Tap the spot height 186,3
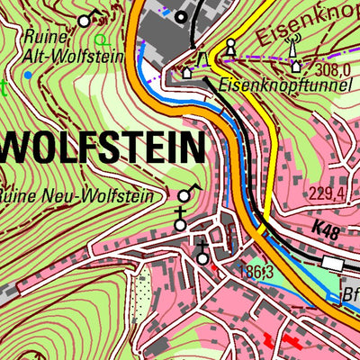point(256,269)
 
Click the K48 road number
point(328,232)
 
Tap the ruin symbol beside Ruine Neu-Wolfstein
point(186,193)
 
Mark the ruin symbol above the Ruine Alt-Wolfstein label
point(85,19)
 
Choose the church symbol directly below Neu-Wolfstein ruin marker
point(182,219)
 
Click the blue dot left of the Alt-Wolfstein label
point(28,75)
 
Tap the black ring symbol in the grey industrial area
point(181,16)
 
